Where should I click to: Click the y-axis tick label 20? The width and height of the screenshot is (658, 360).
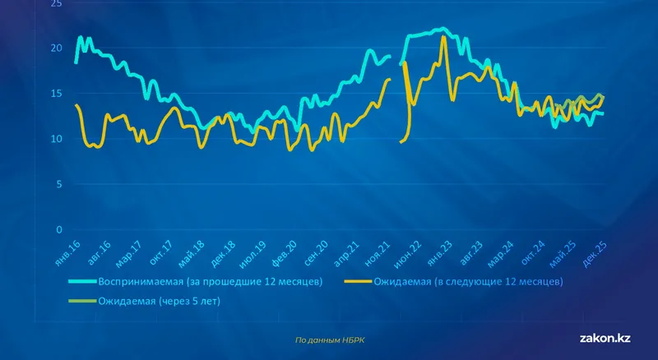[56, 48]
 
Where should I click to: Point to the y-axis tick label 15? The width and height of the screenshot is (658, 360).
[56, 94]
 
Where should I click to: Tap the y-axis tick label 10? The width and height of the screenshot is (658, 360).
[56, 139]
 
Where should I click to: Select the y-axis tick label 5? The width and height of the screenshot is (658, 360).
[58, 184]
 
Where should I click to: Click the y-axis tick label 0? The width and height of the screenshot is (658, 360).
[58, 229]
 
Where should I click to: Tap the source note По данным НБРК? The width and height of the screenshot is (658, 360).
[329, 339]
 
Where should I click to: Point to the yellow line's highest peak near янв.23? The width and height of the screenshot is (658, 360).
[444, 37]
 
